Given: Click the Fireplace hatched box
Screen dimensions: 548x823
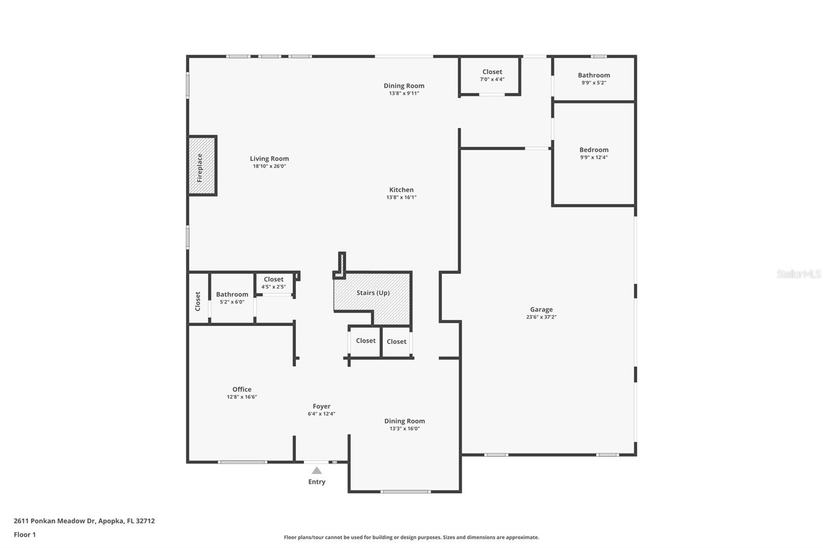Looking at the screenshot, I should (x=202, y=166).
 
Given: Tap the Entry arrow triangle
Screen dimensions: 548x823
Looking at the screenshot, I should (x=317, y=470).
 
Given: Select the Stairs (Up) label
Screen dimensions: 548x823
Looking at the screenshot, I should (x=373, y=293).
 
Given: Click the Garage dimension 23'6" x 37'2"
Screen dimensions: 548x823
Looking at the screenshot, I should (x=541, y=317).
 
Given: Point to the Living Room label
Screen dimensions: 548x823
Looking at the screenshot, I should (x=269, y=159).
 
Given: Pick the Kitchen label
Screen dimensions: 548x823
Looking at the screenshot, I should (x=401, y=190).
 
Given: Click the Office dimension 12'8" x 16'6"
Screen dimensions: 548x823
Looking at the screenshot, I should (x=242, y=397).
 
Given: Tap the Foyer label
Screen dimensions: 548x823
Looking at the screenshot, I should (x=321, y=406).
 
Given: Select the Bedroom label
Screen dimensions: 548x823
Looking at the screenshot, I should (x=594, y=150).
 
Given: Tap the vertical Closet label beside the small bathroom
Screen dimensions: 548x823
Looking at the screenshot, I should (x=198, y=301).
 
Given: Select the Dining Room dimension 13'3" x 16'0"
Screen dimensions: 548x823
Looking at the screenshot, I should (x=404, y=429).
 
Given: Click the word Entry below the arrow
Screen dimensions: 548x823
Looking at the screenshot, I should (x=317, y=482).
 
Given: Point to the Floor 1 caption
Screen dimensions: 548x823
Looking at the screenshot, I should (x=25, y=535).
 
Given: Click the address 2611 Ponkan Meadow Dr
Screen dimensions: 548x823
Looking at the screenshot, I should (x=84, y=521).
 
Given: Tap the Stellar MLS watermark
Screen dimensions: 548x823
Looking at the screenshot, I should (x=798, y=274).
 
